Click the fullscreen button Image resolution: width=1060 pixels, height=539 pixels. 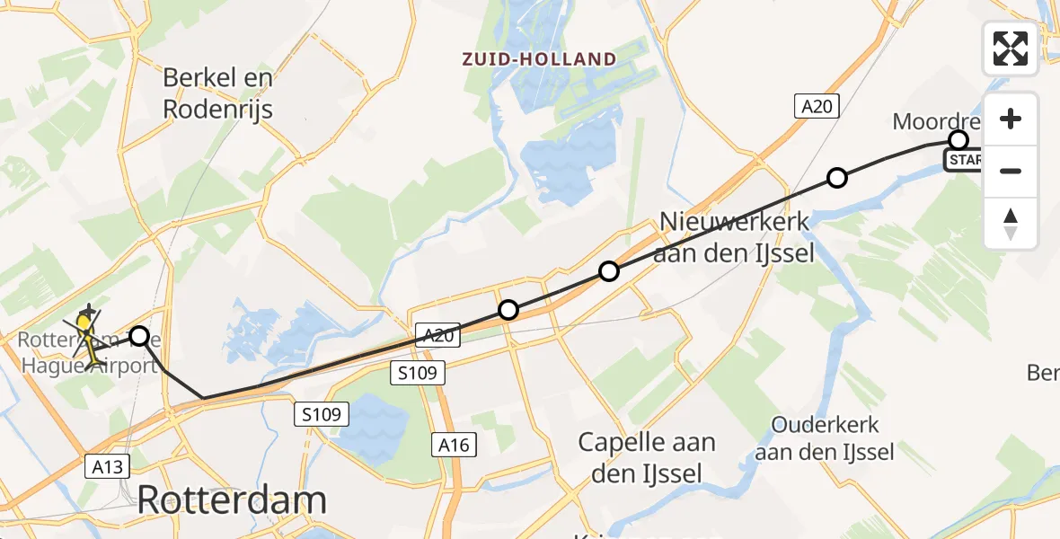(1011, 49)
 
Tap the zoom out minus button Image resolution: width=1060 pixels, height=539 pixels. (1011, 171)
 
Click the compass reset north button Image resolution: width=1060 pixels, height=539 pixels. (1011, 224)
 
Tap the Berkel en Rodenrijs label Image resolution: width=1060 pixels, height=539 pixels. (217, 93)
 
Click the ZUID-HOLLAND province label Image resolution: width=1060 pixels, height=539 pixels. (539, 60)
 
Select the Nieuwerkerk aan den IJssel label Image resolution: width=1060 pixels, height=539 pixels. (736, 237)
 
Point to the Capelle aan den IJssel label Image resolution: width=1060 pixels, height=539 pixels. (647, 456)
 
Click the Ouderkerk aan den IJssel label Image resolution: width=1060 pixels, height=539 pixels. (824, 437)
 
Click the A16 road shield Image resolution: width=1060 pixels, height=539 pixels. (454, 445)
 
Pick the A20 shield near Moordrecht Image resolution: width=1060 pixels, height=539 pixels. (817, 107)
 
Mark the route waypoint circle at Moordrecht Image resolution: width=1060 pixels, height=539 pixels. (958, 140)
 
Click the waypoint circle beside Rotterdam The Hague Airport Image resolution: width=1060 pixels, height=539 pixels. (139, 337)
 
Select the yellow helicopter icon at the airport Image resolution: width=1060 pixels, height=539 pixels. (86, 334)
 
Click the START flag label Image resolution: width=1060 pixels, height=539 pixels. (964, 161)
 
